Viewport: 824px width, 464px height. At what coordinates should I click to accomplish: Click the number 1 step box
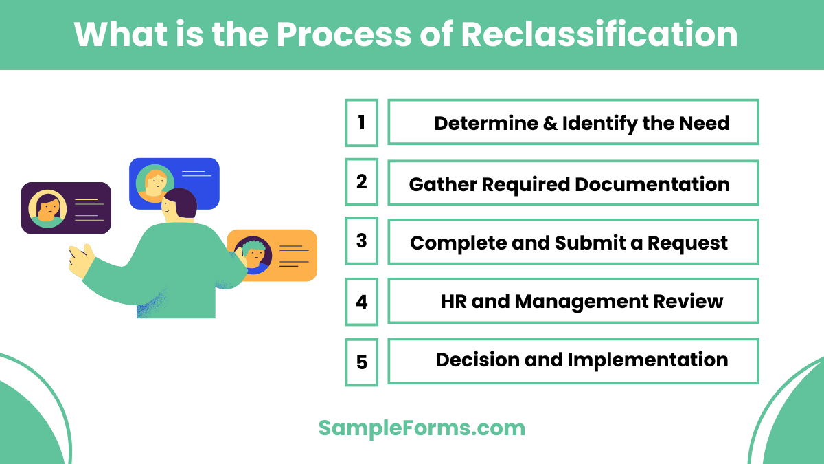tap(361, 122)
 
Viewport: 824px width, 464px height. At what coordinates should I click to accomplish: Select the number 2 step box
tap(361, 182)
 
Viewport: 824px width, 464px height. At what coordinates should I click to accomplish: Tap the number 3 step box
tap(361, 241)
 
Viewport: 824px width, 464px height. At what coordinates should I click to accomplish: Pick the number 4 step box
tap(361, 301)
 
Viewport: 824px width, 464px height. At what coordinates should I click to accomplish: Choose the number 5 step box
tap(361, 361)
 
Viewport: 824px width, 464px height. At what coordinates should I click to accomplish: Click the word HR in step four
tap(454, 301)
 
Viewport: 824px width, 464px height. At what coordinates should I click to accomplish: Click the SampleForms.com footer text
tap(422, 428)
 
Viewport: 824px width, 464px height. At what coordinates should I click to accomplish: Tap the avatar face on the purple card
tap(47, 207)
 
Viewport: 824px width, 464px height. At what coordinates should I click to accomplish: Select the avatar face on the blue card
tap(155, 182)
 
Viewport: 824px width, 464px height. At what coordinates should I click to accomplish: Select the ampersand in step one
tap(550, 123)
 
